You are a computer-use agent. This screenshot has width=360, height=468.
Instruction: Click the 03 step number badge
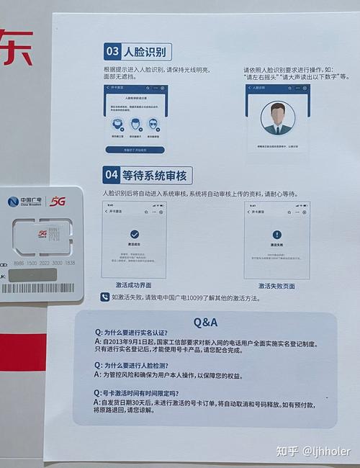pos(112,52)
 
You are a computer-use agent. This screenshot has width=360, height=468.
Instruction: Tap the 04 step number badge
pos(112,175)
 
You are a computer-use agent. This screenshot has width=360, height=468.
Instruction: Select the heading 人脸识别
pos(146,52)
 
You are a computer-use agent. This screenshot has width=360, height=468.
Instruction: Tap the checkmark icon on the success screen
pos(134,234)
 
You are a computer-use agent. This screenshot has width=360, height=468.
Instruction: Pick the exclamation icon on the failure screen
pos(276,235)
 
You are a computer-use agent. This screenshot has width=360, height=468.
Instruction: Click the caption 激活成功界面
pos(135,286)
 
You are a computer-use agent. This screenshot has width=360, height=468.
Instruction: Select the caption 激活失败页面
pos(276,286)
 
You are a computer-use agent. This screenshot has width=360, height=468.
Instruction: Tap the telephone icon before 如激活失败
pos(105,297)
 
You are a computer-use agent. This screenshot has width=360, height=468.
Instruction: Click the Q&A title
pos(205,322)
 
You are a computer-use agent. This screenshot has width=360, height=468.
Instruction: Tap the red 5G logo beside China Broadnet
pos(58,202)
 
